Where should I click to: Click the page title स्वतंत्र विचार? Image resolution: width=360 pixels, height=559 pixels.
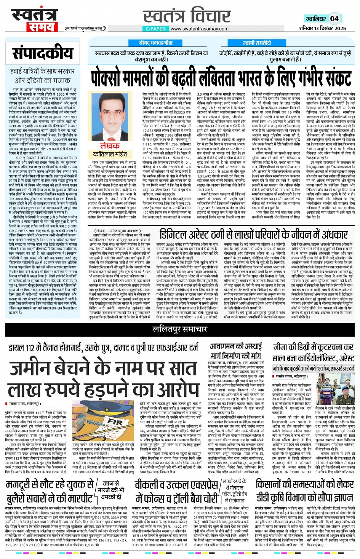pos(187,16)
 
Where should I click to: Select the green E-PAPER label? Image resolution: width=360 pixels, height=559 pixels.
pos(155,29)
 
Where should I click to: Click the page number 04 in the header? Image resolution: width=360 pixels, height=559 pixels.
pos(334,19)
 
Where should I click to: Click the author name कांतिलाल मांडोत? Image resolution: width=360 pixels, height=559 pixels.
pos(110,154)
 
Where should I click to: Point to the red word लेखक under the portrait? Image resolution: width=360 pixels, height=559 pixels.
pos(110,146)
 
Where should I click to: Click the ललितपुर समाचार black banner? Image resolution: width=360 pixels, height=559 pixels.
pos(180,329)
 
